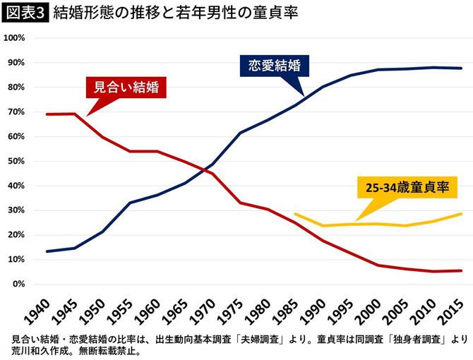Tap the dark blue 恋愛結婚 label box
point(275,66)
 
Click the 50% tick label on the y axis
point(18,161)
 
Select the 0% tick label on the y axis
point(20,284)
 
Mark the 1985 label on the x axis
point(285,308)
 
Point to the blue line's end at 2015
point(462,68)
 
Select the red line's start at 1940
point(47,114)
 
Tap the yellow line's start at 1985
point(295,214)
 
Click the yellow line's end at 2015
point(462,214)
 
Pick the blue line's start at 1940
point(47,251)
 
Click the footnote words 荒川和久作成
point(36,350)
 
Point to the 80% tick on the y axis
point(18,88)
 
